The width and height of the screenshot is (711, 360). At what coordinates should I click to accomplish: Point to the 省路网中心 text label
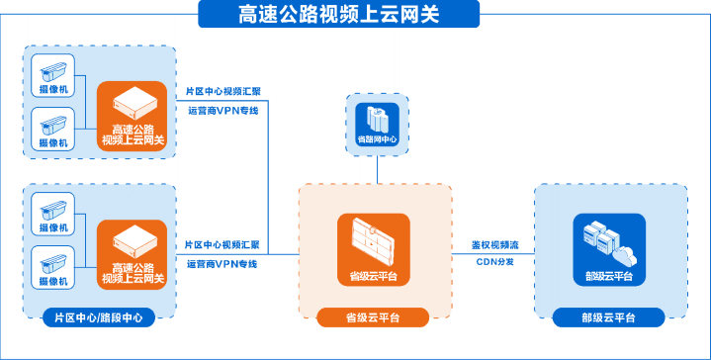[378, 139]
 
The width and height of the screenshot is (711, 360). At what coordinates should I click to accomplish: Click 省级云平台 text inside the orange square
[373, 276]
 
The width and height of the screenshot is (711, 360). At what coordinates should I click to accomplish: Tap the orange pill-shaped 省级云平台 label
[373, 317]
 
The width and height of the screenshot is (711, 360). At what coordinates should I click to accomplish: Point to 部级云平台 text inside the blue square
[609, 276]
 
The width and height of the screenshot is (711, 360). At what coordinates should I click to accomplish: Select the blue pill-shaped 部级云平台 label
[608, 317]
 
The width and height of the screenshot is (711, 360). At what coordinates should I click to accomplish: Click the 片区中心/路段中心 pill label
[99, 317]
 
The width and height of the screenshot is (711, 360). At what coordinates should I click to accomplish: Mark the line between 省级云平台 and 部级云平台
[492, 254]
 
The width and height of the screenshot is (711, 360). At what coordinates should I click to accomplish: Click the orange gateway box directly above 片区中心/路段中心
[132, 254]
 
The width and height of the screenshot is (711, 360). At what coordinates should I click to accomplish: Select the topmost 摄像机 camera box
[52, 75]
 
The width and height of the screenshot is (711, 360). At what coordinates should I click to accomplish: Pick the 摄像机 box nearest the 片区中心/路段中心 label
[52, 267]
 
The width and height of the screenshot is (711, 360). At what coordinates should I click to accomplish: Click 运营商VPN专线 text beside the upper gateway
[223, 110]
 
